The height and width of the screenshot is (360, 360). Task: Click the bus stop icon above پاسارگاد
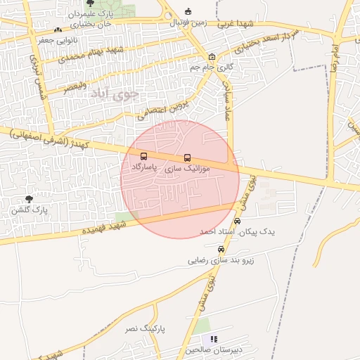[144, 157]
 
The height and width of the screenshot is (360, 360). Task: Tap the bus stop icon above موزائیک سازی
[187, 158]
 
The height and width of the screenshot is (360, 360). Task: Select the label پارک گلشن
[28, 210]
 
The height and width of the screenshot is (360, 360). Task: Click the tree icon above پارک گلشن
[28, 200]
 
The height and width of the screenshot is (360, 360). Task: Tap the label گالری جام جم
[211, 67]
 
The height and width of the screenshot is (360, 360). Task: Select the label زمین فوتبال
[187, 22]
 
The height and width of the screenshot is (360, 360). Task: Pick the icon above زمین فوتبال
[187, 11]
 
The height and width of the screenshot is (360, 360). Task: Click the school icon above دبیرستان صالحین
[214, 339]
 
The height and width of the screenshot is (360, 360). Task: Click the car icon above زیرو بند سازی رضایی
[221, 249]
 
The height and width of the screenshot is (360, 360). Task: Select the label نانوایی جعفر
[37, 41]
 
